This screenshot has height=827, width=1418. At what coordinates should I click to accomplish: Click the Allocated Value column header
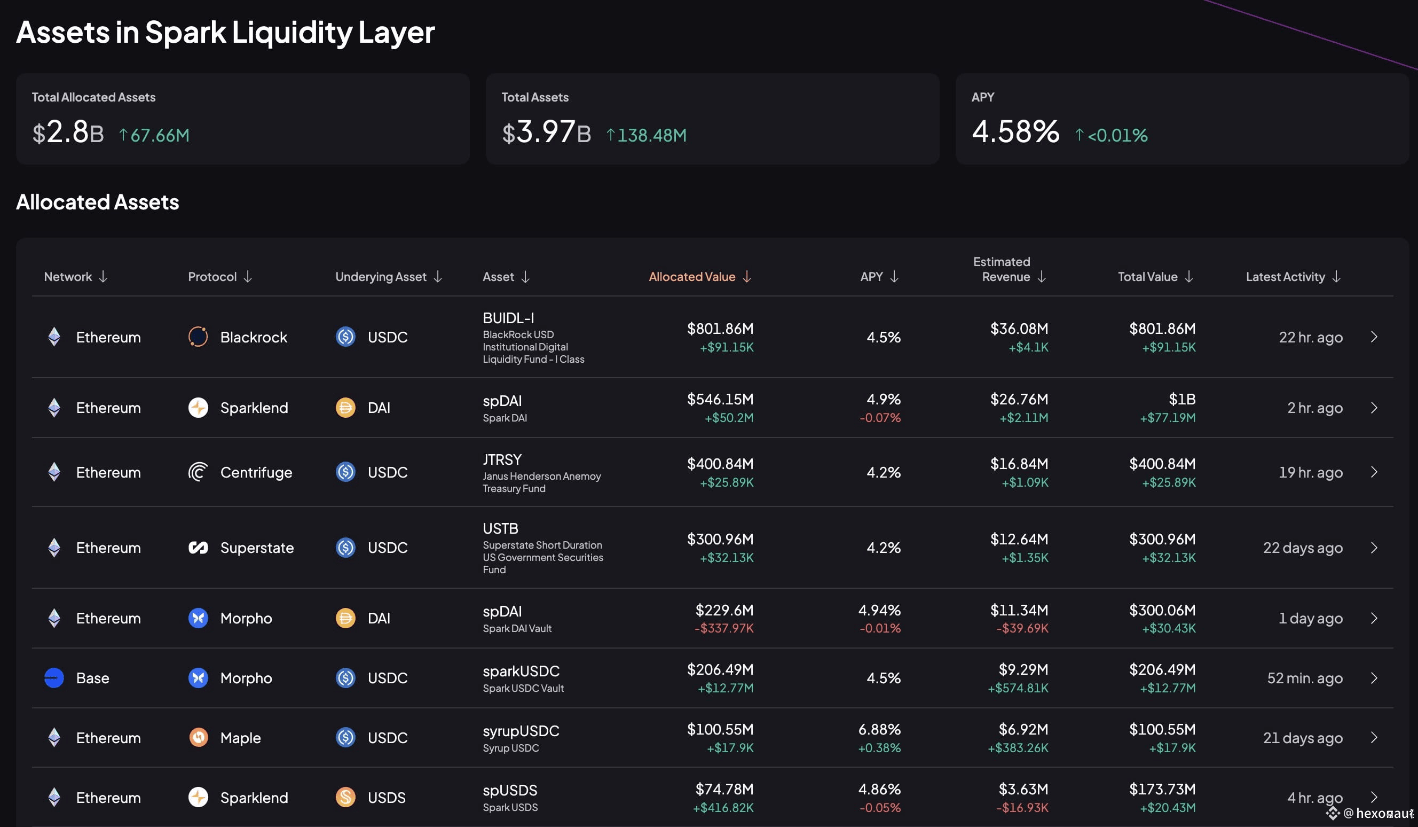692,276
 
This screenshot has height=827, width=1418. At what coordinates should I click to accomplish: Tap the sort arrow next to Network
103,276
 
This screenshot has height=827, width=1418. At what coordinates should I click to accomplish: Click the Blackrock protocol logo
198,337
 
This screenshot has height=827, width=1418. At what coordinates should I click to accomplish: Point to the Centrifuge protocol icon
198,472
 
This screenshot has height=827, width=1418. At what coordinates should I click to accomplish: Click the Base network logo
54,678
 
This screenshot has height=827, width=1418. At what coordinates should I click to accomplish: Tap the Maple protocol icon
198,737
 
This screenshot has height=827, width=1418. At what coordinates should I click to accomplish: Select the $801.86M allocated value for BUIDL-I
720,328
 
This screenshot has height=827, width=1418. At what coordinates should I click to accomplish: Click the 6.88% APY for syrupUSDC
879,729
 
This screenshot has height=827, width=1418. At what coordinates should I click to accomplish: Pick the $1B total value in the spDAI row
1182,399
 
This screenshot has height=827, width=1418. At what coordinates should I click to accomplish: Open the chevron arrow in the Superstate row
1374,548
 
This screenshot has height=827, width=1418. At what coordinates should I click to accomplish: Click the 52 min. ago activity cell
1305,678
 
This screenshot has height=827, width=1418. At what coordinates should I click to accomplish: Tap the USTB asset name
500,528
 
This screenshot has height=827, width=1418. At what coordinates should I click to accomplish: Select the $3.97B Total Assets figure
546,132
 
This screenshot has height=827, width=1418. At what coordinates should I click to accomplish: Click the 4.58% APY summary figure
1015,132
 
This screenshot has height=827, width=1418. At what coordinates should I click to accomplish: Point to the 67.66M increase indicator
154,135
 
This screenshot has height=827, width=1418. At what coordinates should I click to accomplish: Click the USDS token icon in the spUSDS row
345,797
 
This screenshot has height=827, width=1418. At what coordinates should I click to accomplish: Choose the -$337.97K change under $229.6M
724,628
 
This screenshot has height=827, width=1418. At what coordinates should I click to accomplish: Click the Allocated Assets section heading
97,201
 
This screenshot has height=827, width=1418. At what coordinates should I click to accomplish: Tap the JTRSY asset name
502,459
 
